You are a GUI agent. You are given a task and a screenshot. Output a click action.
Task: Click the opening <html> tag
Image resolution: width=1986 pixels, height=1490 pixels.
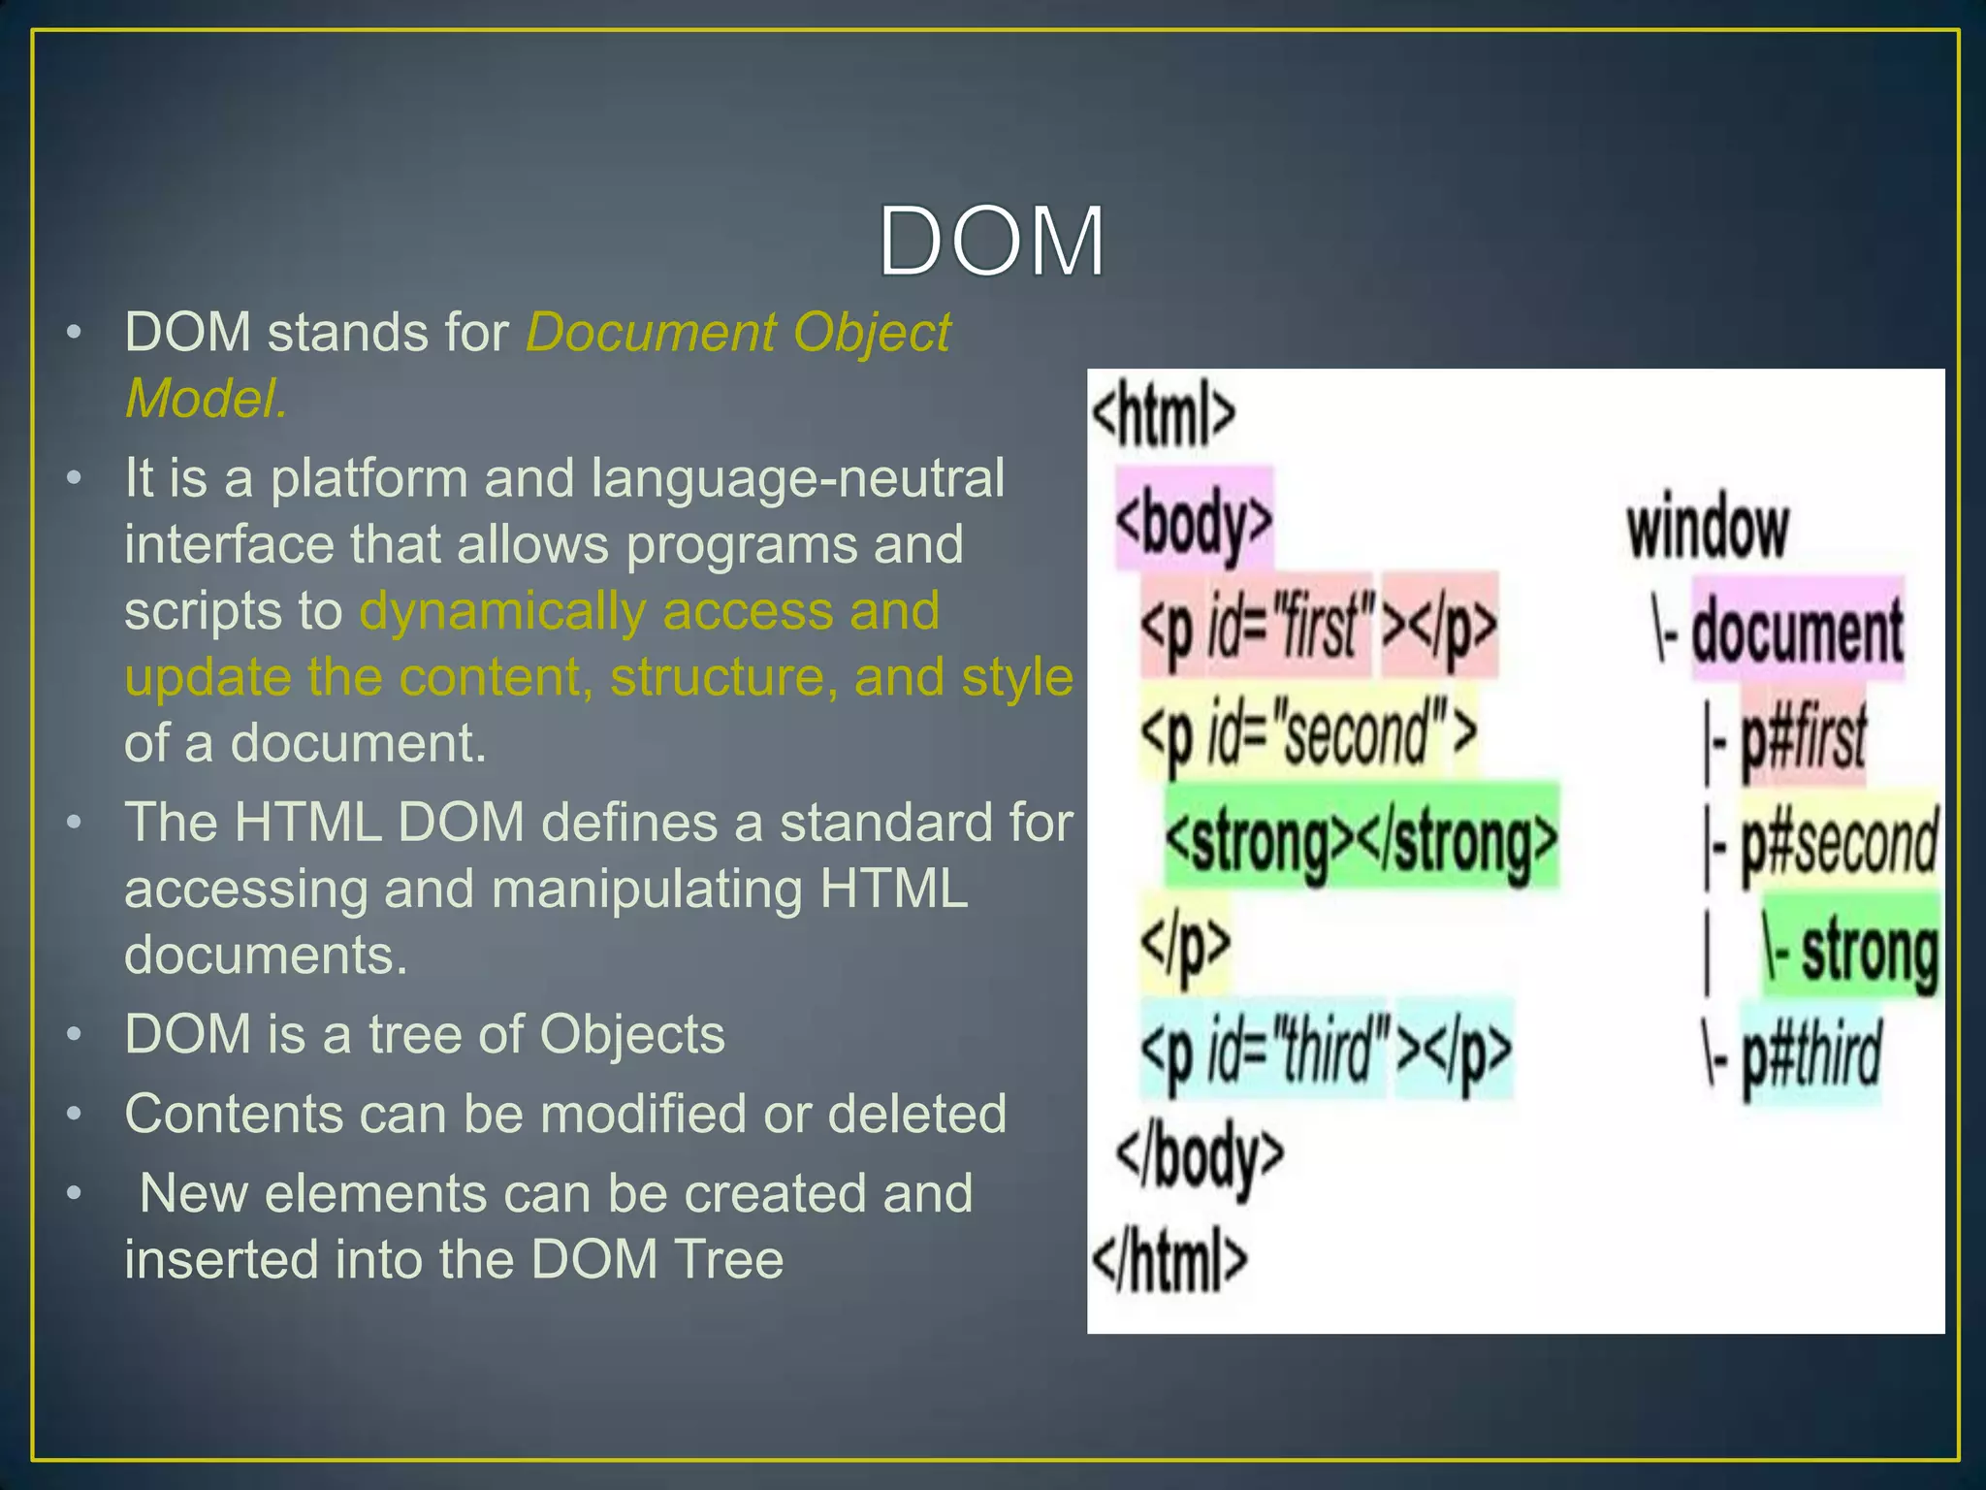(1163, 415)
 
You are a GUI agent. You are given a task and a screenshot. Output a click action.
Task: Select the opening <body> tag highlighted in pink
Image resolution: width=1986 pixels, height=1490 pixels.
(1194, 522)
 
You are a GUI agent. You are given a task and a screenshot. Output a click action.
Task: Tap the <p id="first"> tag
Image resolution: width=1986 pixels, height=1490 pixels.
(1257, 627)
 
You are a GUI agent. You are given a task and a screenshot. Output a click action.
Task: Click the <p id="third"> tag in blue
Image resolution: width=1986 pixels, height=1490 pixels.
(1265, 1050)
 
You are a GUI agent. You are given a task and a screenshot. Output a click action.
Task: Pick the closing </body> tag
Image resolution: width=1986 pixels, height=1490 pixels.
(1200, 1156)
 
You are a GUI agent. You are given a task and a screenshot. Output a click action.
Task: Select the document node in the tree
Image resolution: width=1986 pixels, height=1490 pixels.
(1797, 631)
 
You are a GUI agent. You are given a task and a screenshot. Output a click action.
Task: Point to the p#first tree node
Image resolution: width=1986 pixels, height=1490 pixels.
(1803, 737)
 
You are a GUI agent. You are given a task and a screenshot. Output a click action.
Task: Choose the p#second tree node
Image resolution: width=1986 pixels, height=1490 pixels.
(1839, 842)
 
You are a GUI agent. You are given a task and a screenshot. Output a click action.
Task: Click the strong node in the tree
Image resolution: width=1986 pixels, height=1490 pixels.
(1869, 951)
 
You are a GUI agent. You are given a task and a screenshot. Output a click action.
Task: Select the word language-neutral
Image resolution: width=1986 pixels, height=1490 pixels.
(797, 478)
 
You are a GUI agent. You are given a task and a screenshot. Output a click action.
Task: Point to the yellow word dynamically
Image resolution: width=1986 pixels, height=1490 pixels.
(502, 611)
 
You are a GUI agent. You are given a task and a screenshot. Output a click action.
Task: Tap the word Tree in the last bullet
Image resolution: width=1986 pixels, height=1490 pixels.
(728, 1259)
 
